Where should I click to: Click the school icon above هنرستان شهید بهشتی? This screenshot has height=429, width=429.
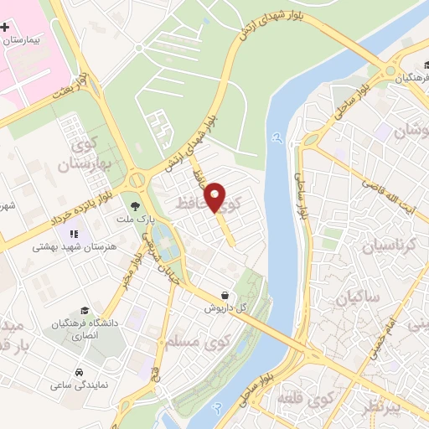73,234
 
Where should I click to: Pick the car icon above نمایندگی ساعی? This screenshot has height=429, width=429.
78,371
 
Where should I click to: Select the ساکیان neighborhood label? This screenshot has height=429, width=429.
360,297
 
